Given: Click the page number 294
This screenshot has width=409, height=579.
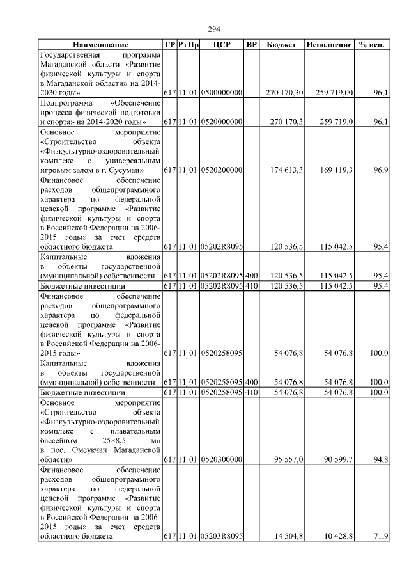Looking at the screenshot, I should (x=215, y=29).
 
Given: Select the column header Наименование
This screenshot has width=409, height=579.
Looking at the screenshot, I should (x=100, y=45).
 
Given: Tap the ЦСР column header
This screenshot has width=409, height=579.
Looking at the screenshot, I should (x=221, y=45).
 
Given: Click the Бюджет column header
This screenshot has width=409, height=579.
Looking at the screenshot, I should (x=281, y=45).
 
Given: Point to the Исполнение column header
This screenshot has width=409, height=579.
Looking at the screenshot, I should (x=329, y=45).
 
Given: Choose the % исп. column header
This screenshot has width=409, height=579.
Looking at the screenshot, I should (x=372, y=45).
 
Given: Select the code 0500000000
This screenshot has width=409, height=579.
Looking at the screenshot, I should (x=221, y=93).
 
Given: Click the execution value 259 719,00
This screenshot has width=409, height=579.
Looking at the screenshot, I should (x=334, y=93).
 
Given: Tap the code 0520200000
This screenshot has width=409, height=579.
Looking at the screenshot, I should (x=221, y=171).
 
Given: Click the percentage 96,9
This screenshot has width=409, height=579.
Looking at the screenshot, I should (x=381, y=171).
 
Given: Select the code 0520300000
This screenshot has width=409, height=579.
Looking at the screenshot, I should (x=221, y=459).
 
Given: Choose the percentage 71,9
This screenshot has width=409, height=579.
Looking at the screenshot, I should (x=381, y=537).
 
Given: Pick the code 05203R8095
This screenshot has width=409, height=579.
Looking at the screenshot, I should (x=221, y=537).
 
